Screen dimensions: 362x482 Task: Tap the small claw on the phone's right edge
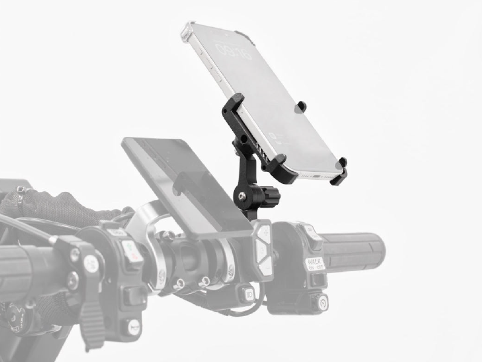299,107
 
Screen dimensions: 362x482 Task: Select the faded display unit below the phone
181,182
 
